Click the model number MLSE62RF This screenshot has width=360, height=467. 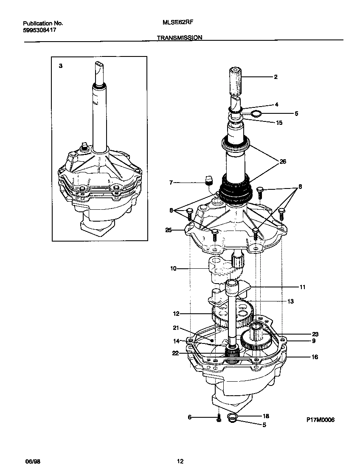[x=175, y=24]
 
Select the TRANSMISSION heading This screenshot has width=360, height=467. [x=180, y=37]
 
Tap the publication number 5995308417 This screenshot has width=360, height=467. [x=39, y=31]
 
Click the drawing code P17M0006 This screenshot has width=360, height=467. [x=321, y=419]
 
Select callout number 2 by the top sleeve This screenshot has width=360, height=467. [x=276, y=77]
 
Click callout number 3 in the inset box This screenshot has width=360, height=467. [x=61, y=66]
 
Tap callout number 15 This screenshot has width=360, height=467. [x=279, y=123]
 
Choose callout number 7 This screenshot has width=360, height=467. [x=171, y=183]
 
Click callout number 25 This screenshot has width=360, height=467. [x=169, y=230]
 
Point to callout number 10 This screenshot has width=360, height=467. [x=173, y=268]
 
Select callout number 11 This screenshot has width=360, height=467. [x=302, y=287]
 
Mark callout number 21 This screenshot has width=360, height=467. [x=175, y=327]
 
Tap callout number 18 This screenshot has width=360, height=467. [x=266, y=416]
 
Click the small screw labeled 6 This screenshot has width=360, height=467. [x=219, y=419]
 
